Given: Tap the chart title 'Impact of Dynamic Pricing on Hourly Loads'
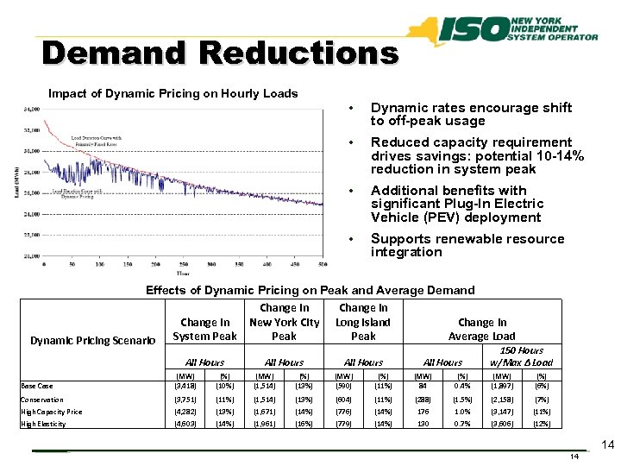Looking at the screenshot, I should point(172,93).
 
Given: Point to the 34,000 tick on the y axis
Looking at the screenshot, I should point(31,110).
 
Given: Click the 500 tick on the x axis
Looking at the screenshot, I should point(323,264).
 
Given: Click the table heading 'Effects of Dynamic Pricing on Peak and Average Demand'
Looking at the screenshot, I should point(310,290).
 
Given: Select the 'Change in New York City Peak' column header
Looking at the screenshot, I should point(284,322).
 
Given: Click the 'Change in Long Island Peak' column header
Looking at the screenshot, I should point(363,322).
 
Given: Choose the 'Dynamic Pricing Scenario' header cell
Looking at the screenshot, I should point(92,341).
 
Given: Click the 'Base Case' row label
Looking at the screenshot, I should point(38,386).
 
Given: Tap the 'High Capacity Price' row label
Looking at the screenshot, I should point(51,412).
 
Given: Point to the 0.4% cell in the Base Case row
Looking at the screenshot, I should point(462,386).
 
